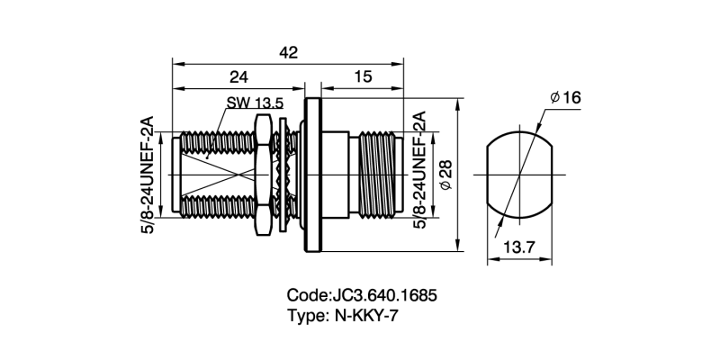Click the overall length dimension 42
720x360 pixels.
[288, 53]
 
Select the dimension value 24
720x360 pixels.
[238, 78]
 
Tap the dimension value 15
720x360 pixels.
[363, 78]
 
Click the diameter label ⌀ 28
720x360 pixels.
[445, 173]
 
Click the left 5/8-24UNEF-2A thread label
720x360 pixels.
[148, 173]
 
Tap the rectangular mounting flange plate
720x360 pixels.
[314, 174]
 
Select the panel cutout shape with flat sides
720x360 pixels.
[517, 174]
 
